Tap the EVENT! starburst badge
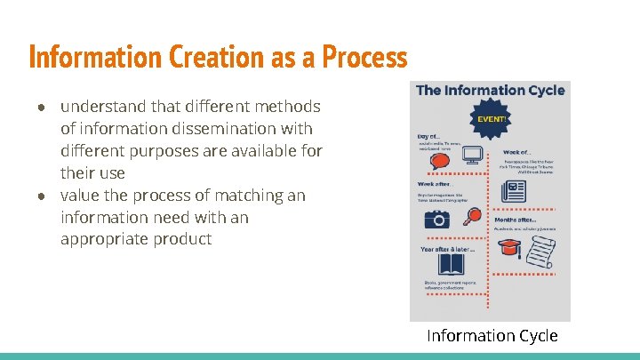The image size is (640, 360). tap(492, 118)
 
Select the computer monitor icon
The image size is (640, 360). tap(473, 156)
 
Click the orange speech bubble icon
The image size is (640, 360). tap(439, 161)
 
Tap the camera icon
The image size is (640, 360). tap(436, 219)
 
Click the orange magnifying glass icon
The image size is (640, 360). tap(473, 215)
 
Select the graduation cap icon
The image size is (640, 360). tap(509, 250)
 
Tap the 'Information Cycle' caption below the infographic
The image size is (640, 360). tap(492, 336)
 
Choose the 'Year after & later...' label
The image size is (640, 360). tap(447, 249)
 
